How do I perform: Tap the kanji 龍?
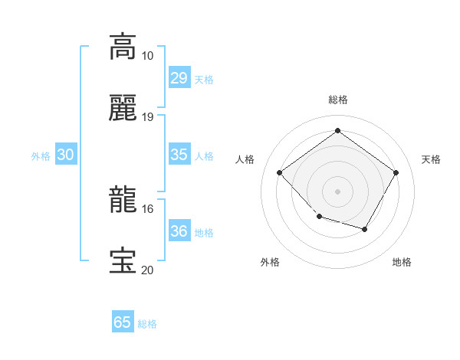pos(123,198)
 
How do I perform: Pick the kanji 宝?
pos(123,260)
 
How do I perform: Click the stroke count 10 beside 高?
pos(147,56)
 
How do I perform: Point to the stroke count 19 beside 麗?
pos(147,117)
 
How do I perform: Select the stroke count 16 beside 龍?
pos(147,208)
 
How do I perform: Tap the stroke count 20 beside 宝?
pos(147,270)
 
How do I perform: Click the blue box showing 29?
pos(179,78)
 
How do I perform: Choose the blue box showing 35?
pos(179,155)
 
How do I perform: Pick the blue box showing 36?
pos(179,231)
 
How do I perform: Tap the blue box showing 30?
pos(65,155)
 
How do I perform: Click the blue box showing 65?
pos(123,322)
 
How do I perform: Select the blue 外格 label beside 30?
pos(41,156)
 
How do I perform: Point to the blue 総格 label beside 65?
pos(147,324)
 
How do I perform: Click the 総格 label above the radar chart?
pos(337,100)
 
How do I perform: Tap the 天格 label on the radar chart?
pos(431,159)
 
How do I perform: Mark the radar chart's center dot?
pos(337,191)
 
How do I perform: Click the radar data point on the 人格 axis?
pos(280,172)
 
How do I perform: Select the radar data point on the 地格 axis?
pos(365,229)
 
